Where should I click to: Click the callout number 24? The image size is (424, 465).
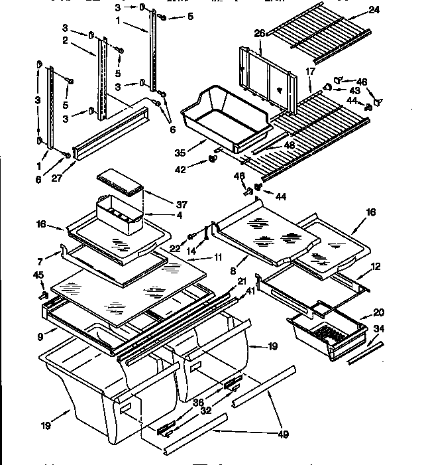[375, 10]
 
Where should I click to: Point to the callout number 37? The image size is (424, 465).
[163, 203]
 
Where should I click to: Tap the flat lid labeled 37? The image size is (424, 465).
[120, 181]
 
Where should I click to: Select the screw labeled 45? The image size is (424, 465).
[45, 289]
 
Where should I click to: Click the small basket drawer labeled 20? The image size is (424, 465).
[328, 328]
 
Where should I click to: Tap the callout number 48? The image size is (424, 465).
[290, 145]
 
